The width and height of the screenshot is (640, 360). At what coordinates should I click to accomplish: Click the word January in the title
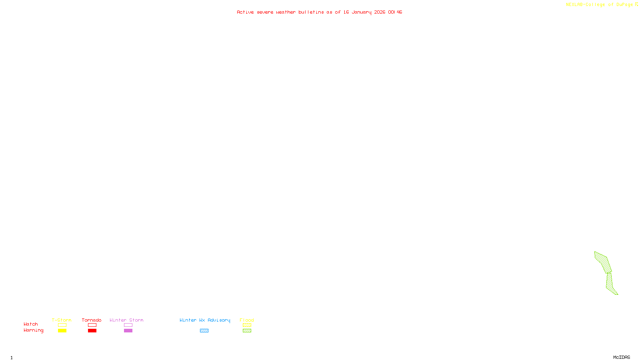pyautogui.click(x=361, y=12)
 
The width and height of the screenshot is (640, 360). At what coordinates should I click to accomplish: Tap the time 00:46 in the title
pyautogui.click(x=395, y=12)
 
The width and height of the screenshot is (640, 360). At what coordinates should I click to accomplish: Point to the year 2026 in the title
pyautogui.click(x=380, y=12)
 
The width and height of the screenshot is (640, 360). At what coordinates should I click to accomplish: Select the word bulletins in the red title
pyautogui.click(x=311, y=12)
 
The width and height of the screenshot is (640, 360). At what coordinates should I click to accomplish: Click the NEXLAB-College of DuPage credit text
pyautogui.click(x=599, y=4)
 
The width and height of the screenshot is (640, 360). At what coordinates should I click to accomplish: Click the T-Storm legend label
pyautogui.click(x=62, y=320)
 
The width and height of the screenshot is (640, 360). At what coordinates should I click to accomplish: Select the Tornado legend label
pyautogui.click(x=92, y=320)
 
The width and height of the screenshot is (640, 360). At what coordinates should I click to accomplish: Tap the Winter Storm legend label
pyautogui.click(x=126, y=320)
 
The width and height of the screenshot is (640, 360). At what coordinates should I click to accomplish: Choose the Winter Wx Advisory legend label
pyautogui.click(x=205, y=320)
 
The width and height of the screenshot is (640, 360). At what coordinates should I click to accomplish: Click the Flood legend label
pyautogui.click(x=247, y=320)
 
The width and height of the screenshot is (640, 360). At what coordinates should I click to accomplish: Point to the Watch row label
pyautogui.click(x=31, y=324)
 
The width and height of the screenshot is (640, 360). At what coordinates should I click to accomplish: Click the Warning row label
pyautogui.click(x=33, y=330)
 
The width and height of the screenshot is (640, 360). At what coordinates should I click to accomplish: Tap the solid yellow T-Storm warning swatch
pyautogui.click(x=62, y=331)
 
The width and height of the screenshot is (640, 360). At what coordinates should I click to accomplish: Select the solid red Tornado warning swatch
pyautogui.click(x=92, y=331)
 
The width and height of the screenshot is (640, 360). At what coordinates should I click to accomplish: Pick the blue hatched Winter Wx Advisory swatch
pyautogui.click(x=204, y=331)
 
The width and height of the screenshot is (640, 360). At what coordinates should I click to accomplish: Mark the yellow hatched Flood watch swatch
pyautogui.click(x=247, y=325)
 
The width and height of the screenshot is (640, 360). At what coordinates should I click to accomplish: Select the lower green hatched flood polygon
pyautogui.click(x=610, y=284)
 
